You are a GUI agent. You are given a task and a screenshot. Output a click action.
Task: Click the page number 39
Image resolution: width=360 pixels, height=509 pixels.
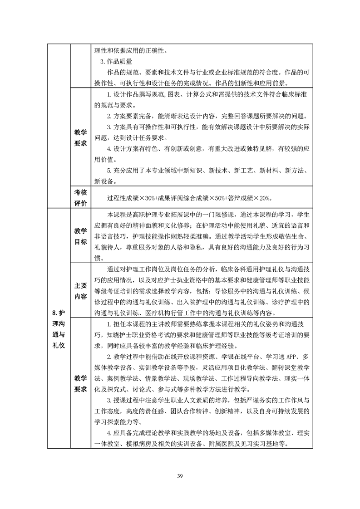point(180,475)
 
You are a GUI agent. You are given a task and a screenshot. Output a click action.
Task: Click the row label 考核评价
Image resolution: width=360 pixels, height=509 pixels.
point(80,197)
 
